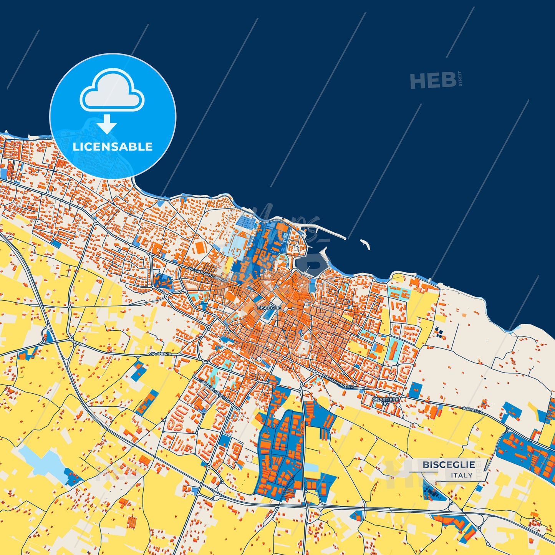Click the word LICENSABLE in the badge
pyautogui.click(x=113, y=147)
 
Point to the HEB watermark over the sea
pyautogui.click(x=433, y=80)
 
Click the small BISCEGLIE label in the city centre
pyautogui.click(x=269, y=308)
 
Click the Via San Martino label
pyautogui.click(x=338, y=381)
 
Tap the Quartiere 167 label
pyautogui.click(x=386, y=401)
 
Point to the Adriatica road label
pyautogui.click(x=472, y=409)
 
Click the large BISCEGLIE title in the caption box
pyautogui.click(x=449, y=465)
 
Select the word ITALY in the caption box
pyautogui.click(x=462, y=475)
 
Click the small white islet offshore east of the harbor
pyautogui.click(x=364, y=244)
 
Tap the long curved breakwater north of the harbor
pyautogui.click(x=326, y=231)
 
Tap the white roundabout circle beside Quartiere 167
pyautogui.click(x=398, y=404)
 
